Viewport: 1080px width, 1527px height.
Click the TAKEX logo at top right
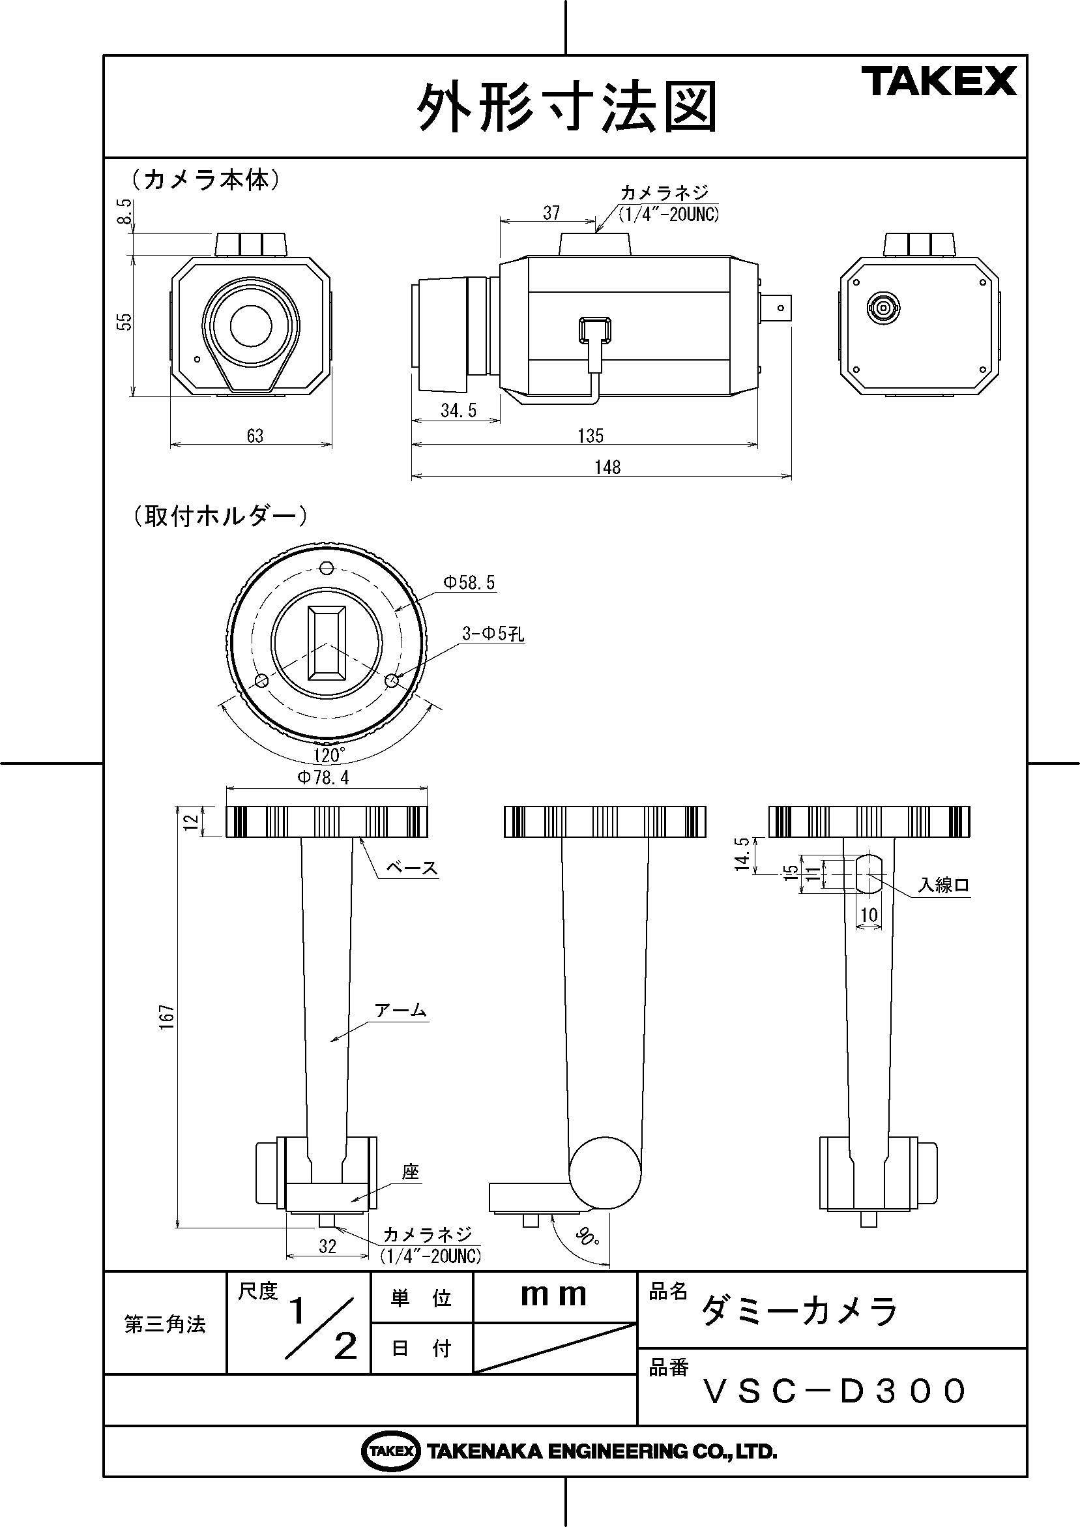(x=939, y=81)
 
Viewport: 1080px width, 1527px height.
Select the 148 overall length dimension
(x=607, y=467)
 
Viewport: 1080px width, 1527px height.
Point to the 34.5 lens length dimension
(x=458, y=411)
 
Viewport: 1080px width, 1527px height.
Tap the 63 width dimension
(x=255, y=436)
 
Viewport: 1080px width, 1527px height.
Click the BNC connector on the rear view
(x=883, y=308)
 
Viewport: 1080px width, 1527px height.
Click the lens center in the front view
(x=251, y=326)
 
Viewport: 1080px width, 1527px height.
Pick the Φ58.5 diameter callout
(x=469, y=584)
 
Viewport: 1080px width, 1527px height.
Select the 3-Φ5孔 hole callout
(x=493, y=634)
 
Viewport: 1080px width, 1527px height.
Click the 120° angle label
(x=329, y=756)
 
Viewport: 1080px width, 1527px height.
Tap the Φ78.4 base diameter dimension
(x=323, y=777)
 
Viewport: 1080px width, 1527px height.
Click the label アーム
(x=400, y=1010)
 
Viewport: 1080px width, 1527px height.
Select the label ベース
(x=412, y=868)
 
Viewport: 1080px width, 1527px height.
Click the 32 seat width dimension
(x=327, y=1247)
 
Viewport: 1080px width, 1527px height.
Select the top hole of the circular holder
(x=326, y=568)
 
